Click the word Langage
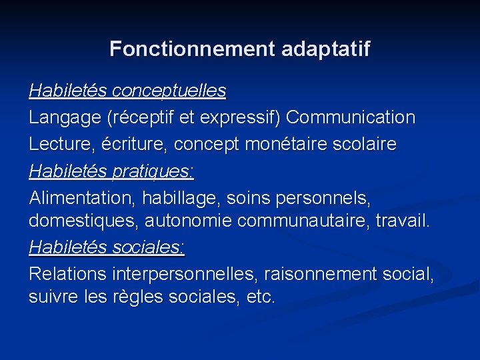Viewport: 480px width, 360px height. pos(64,117)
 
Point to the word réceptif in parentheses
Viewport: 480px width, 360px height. pos(140,117)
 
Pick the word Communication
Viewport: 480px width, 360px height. pos(350,117)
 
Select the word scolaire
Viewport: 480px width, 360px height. pos(369,144)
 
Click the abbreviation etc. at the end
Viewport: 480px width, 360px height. pos(261,296)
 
